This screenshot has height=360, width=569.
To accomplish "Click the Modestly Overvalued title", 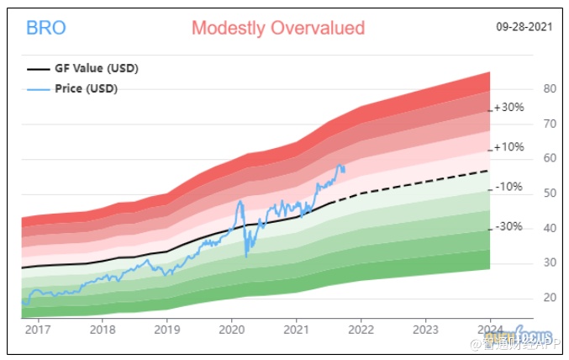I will (278, 28).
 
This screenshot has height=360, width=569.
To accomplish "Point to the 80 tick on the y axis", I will (527, 88).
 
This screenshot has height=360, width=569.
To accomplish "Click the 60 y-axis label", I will (527, 158).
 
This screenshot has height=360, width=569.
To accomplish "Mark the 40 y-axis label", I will (527, 228).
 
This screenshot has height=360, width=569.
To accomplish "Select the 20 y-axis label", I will (527, 298).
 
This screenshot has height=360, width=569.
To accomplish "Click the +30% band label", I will (508, 108).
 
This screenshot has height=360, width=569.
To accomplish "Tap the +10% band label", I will (508, 147).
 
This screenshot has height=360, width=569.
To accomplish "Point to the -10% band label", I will (508, 187).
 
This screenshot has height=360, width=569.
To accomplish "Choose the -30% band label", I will (508, 226).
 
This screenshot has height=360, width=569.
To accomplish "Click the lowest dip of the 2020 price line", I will (246, 257).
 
